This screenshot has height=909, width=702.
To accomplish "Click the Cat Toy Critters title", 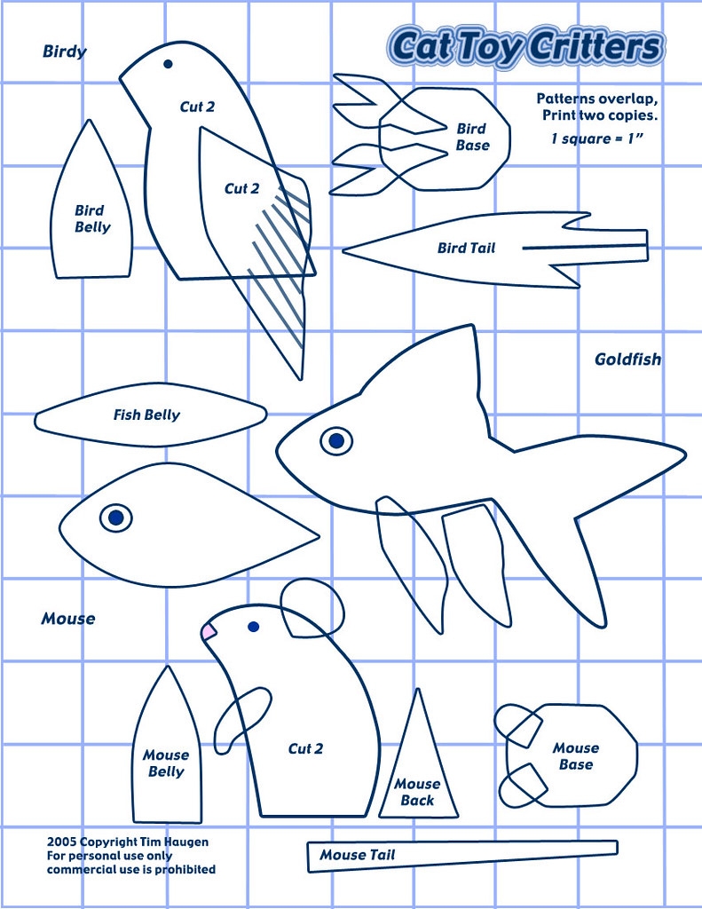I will pos(526,47).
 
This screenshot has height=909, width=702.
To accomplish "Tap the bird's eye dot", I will pos(167,64).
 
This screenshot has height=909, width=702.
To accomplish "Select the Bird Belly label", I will pos(91,219).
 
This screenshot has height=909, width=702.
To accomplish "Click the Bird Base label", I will pos(472,137).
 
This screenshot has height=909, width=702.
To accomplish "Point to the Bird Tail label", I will pos(466,249).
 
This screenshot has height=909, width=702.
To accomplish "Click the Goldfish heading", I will pos(627,360).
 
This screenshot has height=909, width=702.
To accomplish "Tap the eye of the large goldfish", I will pos(335,439).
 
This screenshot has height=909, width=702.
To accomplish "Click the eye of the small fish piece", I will pos(115,517).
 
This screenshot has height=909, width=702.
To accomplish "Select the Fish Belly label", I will pos(146,415).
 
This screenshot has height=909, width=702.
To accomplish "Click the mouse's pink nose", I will pos(209,631).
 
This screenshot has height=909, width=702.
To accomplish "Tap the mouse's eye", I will pos(253,627).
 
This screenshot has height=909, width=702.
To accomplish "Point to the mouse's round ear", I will pos(312,607).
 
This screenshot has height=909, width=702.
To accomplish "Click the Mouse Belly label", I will pos(166,763).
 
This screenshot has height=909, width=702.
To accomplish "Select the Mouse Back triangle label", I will pos(417,792).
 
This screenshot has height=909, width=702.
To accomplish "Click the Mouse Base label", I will pos(575,756).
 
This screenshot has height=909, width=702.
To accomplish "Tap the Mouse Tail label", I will pos(358,855).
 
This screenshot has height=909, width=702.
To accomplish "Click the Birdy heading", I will pos(65,51).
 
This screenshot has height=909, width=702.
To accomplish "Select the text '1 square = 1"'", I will pos(595,139).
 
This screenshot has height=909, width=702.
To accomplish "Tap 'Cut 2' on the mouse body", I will pos(305,749).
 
